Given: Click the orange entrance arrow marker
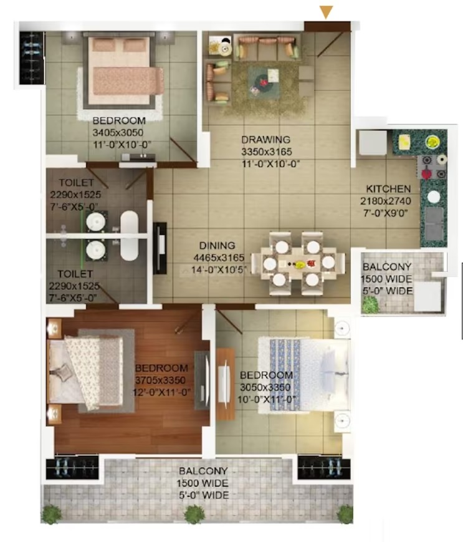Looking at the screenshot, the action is point(326,12).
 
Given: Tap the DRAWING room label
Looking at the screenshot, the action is point(265,140).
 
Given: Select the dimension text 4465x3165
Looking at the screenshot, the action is point(219,258).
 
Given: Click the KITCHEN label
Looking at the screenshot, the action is point(388,189).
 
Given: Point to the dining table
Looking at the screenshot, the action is point(298,264).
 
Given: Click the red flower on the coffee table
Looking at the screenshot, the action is point(264,82).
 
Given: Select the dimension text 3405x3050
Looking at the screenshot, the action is point(118,133).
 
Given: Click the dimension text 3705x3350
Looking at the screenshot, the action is point(161,380).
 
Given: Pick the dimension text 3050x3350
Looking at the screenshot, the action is point(265,387).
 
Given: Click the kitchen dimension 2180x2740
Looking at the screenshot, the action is point(386,201).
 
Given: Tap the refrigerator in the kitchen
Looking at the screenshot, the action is point(373,142).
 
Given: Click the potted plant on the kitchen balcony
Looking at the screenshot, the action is point(370,304).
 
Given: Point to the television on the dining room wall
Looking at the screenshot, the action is point(160,248).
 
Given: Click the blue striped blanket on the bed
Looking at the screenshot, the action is point(285,375).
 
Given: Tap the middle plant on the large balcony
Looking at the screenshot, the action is point(194,514).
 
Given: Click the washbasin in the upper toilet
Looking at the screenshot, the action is point(95,221).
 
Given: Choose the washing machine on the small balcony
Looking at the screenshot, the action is point(427,296).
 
